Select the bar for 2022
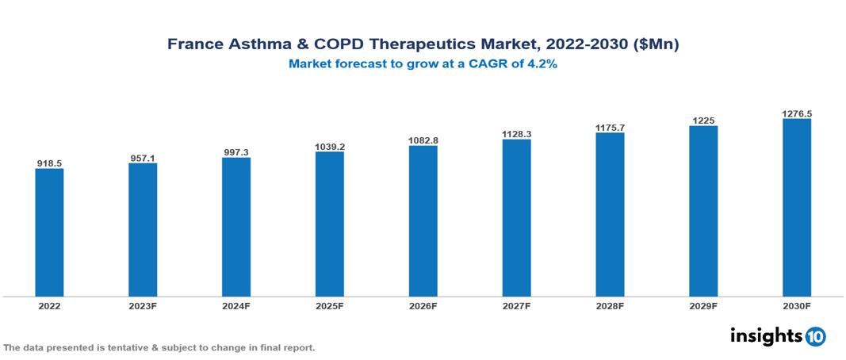pyautogui.click(x=49, y=232)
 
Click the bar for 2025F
pyautogui.click(x=330, y=224)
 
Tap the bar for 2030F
pyautogui.click(x=797, y=208)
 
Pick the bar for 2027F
pyautogui.click(x=516, y=218)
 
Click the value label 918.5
pyautogui.click(x=49, y=163)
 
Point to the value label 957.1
pyautogui.click(x=143, y=159)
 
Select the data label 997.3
pyautogui.click(x=236, y=152)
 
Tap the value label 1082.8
pyautogui.click(x=423, y=140)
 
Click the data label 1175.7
pyautogui.click(x=610, y=128)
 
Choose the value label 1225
pyautogui.click(x=703, y=121)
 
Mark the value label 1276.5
pyautogui.click(x=797, y=114)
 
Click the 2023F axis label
pyautogui.click(x=143, y=305)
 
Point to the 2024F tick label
pyautogui.click(x=236, y=305)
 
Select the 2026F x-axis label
pyautogui.click(x=423, y=305)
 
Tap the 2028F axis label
pyautogui.click(x=610, y=305)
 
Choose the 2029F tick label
pyautogui.click(x=703, y=305)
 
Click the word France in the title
pyautogui.click(x=195, y=44)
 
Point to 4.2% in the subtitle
pyautogui.click(x=542, y=64)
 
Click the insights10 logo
pyautogui.click(x=778, y=336)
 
